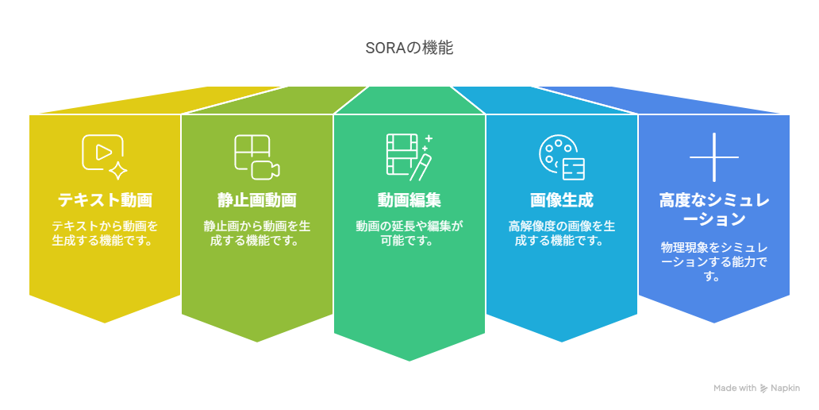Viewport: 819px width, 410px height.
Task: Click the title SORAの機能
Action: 409,48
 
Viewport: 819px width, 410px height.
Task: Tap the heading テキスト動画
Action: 105,199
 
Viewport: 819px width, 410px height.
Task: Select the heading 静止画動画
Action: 257,199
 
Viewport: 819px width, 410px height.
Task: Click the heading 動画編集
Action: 409,199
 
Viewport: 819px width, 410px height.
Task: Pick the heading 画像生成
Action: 562,199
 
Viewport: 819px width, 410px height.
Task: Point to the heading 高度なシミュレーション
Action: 714,210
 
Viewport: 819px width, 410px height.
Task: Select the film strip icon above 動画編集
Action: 409,155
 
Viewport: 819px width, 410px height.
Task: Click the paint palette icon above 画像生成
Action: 562,158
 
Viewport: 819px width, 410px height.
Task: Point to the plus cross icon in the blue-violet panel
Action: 714,157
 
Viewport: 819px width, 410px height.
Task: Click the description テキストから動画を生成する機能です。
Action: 105,234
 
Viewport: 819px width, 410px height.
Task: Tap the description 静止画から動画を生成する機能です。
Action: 257,234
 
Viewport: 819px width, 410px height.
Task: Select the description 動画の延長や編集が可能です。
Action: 409,234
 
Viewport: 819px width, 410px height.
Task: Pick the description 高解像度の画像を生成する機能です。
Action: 562,234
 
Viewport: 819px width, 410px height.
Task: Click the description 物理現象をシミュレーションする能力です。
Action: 714,261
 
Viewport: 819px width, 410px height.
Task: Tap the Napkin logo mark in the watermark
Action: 763,388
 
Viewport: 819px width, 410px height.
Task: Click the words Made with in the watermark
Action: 735,388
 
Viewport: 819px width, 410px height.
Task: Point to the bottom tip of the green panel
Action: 409,361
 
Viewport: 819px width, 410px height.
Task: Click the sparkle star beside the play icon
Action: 118,171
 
